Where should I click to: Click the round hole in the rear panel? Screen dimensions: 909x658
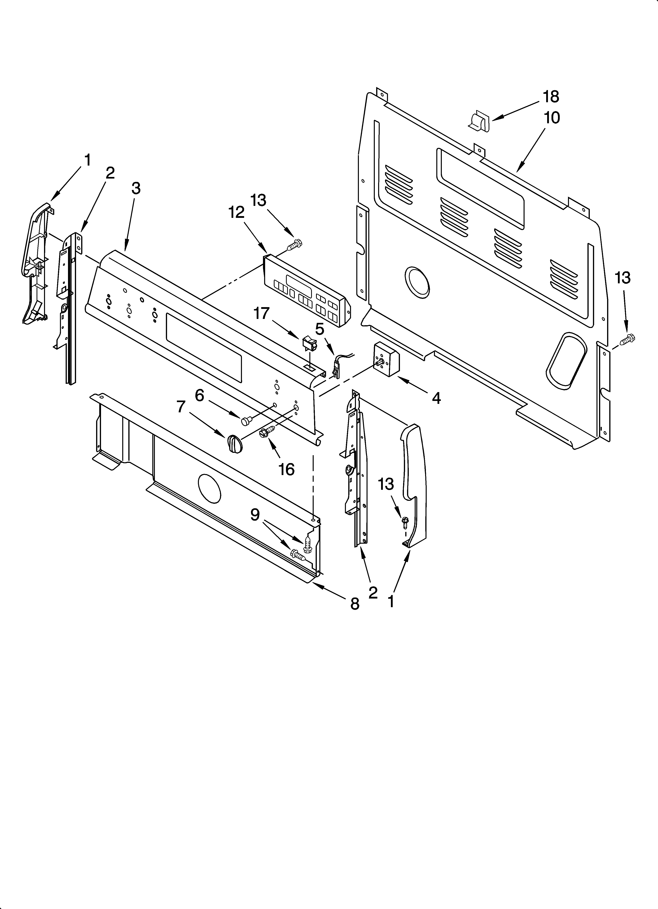tap(417, 282)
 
